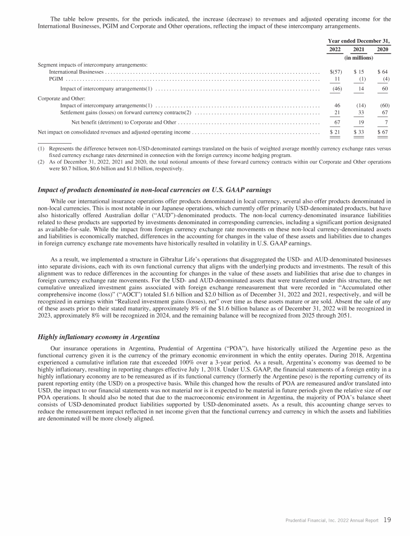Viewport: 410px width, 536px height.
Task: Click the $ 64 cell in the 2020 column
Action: click(382, 72)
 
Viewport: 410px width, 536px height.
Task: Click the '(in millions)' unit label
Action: click(359, 57)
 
